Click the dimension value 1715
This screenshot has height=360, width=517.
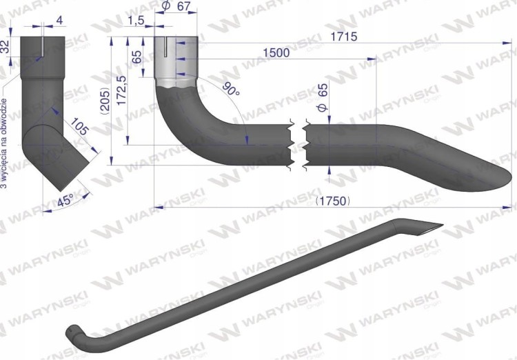point(344,37)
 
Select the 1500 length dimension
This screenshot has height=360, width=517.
point(276,53)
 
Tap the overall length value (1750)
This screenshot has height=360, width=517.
point(333,201)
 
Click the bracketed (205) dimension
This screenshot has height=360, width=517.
point(105,101)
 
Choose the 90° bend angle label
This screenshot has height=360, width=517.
point(231,88)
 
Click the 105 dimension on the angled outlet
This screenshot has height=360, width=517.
point(79,126)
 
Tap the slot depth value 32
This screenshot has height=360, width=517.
point(5,47)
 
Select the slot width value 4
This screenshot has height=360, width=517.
point(59,21)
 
